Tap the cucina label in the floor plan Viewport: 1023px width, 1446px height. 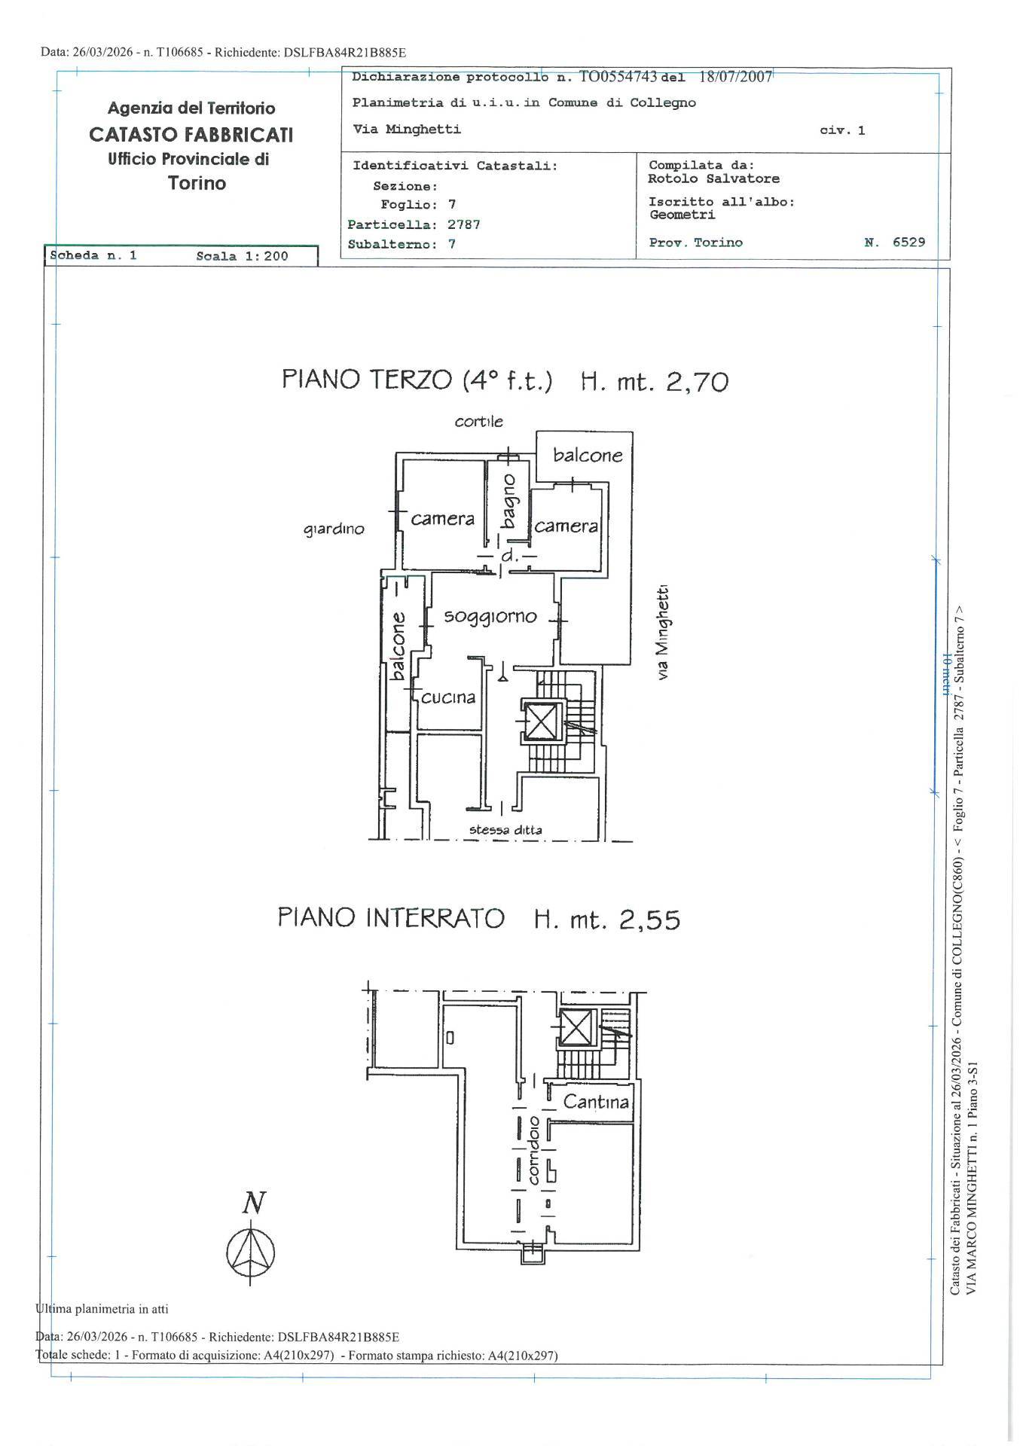click(448, 698)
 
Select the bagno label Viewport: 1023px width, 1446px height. click(509, 501)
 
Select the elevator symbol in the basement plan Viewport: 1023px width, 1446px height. click(578, 1028)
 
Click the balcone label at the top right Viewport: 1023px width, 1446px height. click(588, 456)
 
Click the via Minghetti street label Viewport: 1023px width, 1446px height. click(662, 633)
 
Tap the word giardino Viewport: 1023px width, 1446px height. click(334, 530)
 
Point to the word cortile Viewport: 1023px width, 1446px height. click(478, 422)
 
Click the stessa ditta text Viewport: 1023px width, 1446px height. click(505, 830)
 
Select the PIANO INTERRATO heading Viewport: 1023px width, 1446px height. click(390, 918)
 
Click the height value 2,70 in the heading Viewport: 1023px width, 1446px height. click(697, 382)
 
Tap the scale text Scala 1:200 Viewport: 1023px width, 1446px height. click(242, 256)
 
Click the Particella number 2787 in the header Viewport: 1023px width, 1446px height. click(463, 224)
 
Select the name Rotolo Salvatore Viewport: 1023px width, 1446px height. click(713, 179)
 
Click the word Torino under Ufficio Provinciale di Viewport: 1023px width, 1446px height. click(197, 184)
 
